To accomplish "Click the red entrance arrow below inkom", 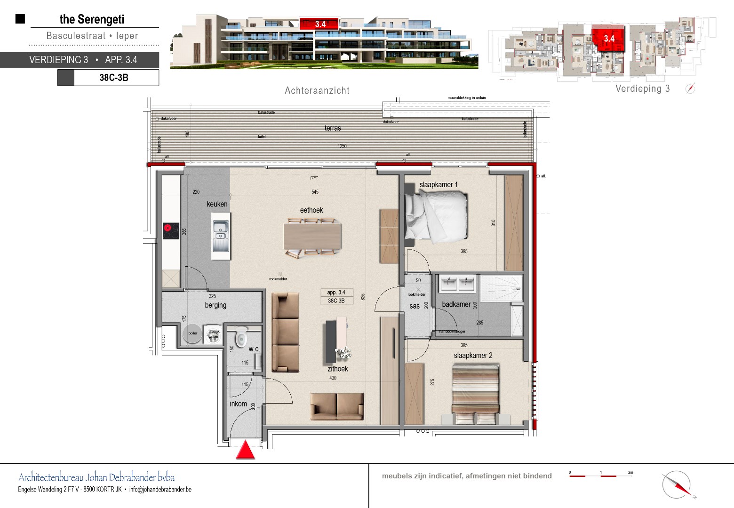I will (245, 450).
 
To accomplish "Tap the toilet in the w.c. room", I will (241, 336).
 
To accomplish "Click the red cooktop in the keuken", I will (171, 230).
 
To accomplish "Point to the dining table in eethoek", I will (312, 237).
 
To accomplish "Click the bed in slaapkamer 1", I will (436, 216).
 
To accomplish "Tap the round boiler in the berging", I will (193, 333).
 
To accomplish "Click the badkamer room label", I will (456, 304).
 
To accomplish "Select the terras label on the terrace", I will (333, 128).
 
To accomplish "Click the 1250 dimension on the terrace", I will (342, 146).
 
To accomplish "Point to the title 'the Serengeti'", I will (92, 19).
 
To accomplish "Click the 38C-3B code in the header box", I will (114, 78).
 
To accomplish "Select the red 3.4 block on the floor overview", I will (609, 39).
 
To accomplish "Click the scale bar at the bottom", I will (600, 476).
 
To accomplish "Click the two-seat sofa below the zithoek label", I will (337, 406).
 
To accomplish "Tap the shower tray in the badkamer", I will (501, 287).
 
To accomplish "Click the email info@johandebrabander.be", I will (160, 490).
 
